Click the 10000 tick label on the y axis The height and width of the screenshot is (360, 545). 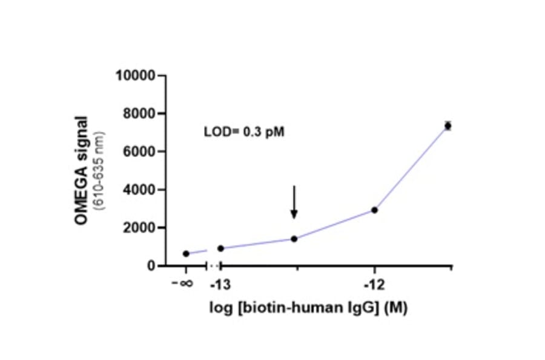[x=136, y=76]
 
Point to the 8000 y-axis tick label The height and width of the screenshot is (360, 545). [x=139, y=114]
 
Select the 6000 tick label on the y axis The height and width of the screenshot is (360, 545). [x=139, y=152]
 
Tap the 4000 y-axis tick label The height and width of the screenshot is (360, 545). [x=139, y=190]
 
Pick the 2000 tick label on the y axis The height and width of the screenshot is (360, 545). [x=139, y=228]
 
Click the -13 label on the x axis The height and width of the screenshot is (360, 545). [x=219, y=284]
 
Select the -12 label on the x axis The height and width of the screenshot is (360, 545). [x=374, y=284]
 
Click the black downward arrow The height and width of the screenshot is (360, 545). [x=294, y=202]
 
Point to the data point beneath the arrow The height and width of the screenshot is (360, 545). [x=294, y=239]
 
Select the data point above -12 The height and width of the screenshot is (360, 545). [x=375, y=210]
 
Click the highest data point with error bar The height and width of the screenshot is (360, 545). [x=448, y=125]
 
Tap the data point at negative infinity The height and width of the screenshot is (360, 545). [x=186, y=253]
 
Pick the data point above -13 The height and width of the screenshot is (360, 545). [x=220, y=248]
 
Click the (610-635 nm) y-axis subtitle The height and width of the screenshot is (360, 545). [x=100, y=170]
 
